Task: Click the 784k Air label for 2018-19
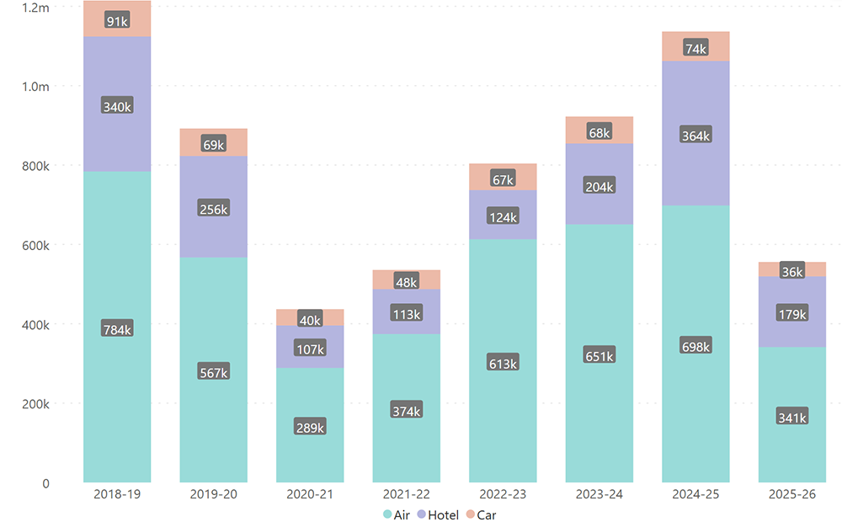(117, 329)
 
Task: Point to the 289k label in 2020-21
(310, 428)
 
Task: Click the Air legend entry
(397, 514)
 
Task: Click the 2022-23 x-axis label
(503, 494)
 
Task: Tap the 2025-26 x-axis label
(792, 494)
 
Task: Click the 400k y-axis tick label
(35, 325)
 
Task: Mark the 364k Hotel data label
(695, 136)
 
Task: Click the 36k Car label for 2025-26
(792, 271)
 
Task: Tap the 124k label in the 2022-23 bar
(503, 217)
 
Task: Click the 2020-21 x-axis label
(310, 494)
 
